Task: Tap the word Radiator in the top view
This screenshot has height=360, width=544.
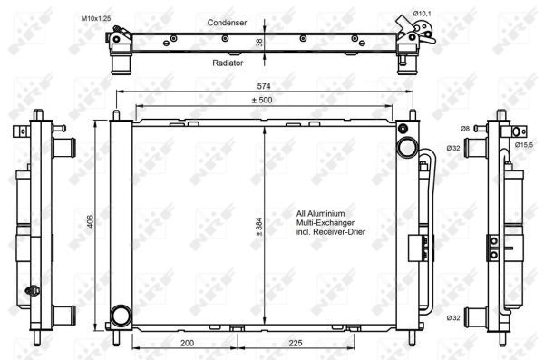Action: pos(228,63)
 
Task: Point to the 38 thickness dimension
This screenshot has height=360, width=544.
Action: pos(258,42)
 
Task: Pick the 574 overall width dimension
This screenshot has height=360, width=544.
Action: pos(263,85)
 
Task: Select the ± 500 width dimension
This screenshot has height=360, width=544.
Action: pos(263,99)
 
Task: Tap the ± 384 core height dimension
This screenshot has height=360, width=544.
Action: pos(257,224)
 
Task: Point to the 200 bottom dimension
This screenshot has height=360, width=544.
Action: pos(187,345)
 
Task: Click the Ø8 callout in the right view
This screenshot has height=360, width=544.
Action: pos(465,130)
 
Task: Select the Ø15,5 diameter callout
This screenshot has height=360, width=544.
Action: pos(525,144)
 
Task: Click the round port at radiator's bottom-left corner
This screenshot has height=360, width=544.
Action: pos(118,316)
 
